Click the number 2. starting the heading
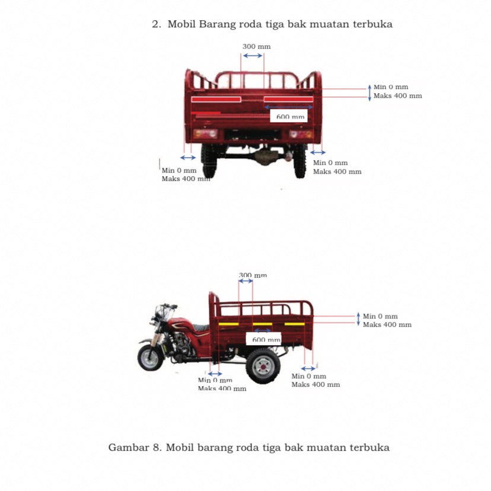[157, 24]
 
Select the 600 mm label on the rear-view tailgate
[290, 116]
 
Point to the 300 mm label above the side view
[253, 275]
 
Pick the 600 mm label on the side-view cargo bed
[266, 339]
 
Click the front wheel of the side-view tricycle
[150, 358]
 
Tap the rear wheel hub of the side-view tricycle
[262, 366]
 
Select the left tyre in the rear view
[210, 161]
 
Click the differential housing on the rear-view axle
[264, 157]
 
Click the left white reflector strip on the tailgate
[218, 99]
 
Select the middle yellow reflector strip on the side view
[262, 324]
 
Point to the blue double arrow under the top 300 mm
[253, 55]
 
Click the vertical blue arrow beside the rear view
[369, 92]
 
